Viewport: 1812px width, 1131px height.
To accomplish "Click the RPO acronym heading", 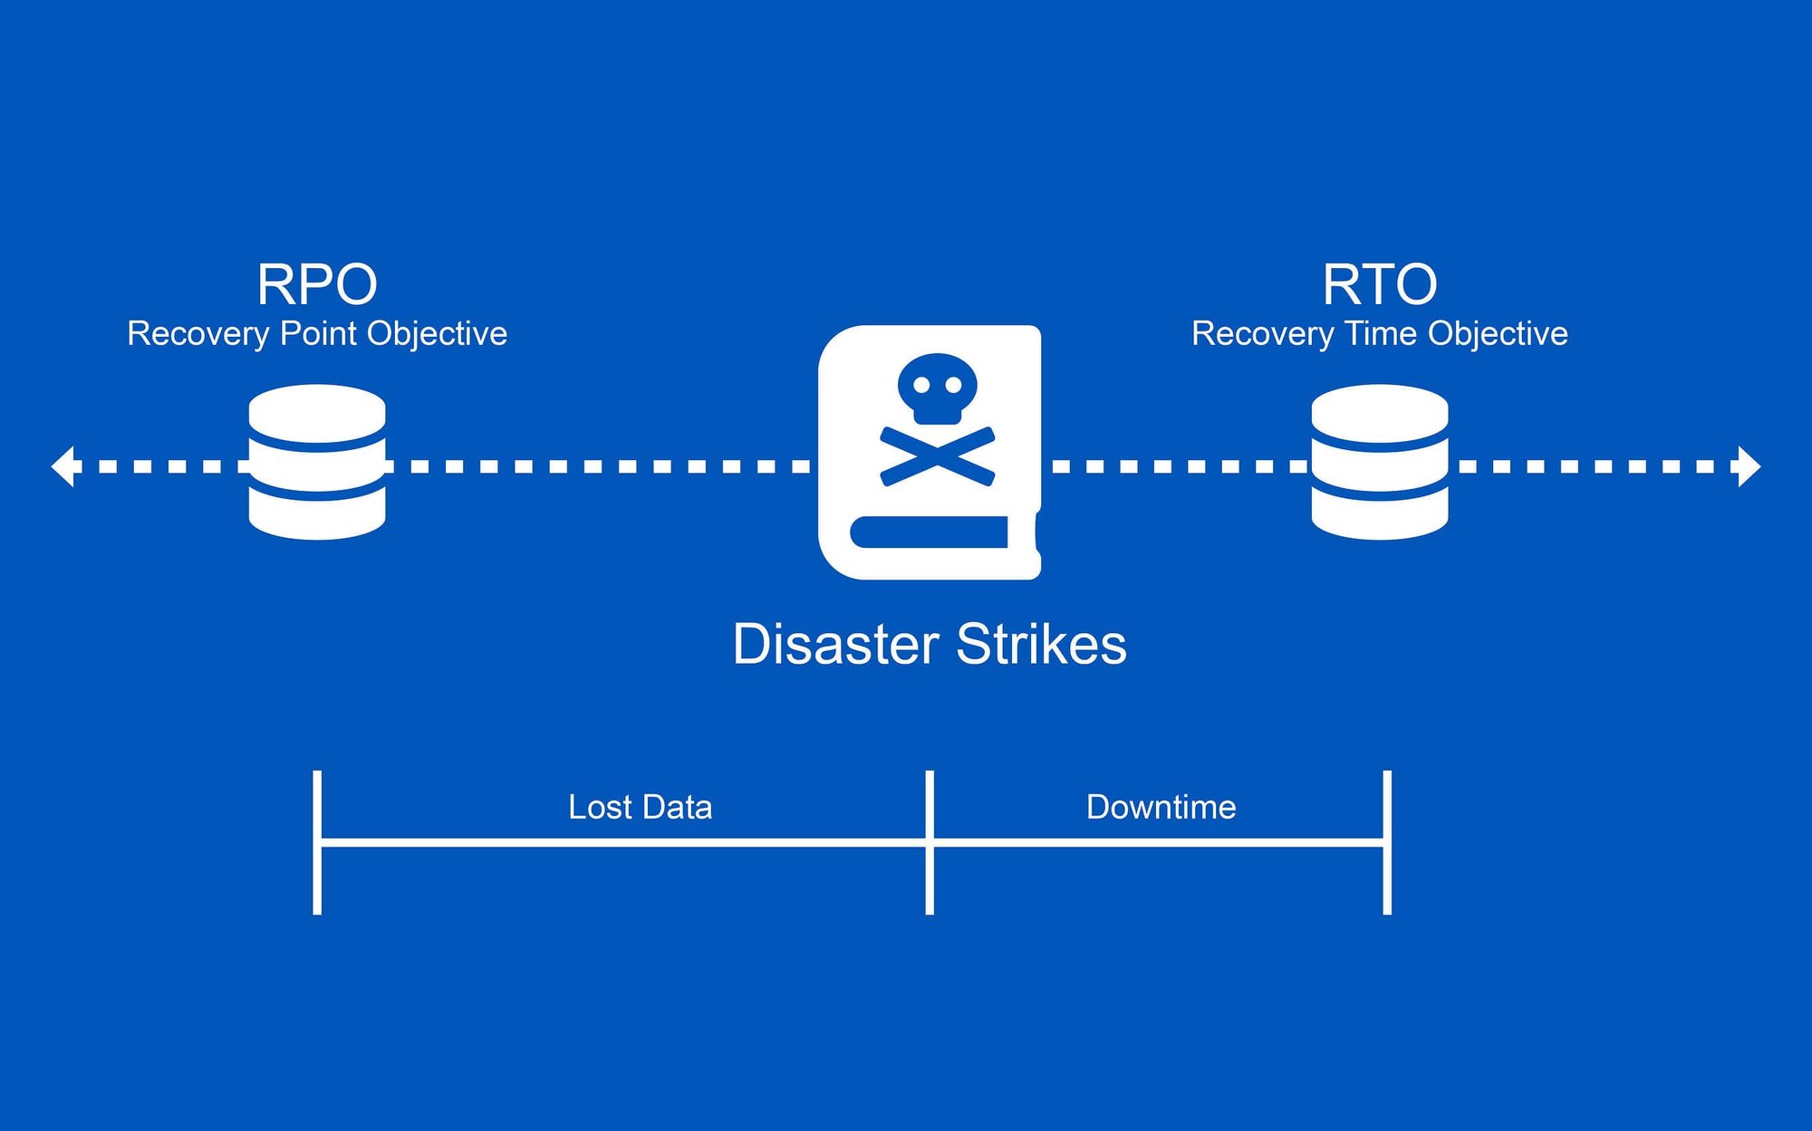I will tap(317, 284).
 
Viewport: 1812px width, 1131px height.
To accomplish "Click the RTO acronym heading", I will tap(1379, 284).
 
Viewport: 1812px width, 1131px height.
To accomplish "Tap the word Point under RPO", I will tap(318, 333).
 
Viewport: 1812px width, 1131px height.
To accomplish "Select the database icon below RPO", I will tap(317, 462).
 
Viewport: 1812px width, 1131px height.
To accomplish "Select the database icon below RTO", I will tap(1379, 462).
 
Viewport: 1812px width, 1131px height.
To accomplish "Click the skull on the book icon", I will tap(937, 388).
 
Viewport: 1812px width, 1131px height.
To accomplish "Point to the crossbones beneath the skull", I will tap(937, 455).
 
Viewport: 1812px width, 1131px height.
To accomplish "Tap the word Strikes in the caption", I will tap(1041, 645).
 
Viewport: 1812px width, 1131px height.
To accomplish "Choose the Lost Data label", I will tap(640, 807).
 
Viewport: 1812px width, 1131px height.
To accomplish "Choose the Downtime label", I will tap(1161, 807).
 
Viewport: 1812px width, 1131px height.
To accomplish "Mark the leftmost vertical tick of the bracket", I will tap(317, 842).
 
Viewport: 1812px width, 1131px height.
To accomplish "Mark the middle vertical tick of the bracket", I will tap(930, 842).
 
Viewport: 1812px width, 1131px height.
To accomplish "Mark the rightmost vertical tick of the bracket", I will tap(1387, 842).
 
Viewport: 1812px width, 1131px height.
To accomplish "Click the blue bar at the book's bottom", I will tap(930, 532).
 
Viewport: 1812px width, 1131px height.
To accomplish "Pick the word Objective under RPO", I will tap(437, 333).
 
